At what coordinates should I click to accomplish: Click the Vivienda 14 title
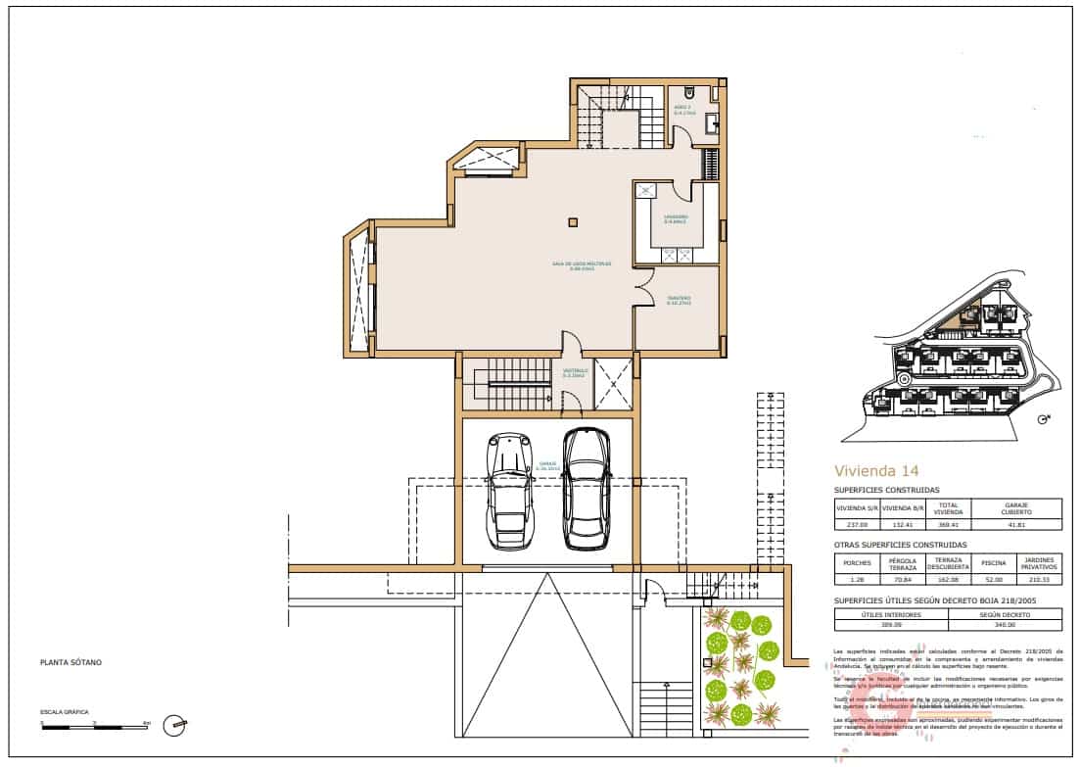click(875, 470)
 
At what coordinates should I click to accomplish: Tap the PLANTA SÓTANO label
click(70, 663)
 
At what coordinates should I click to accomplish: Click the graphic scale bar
click(94, 726)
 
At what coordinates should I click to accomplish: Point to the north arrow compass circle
click(175, 725)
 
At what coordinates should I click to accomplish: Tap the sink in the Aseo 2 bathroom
click(715, 122)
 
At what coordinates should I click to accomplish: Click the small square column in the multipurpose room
click(574, 220)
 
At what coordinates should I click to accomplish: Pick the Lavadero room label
click(676, 218)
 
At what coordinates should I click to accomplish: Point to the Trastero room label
click(680, 300)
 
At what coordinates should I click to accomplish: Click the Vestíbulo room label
click(574, 372)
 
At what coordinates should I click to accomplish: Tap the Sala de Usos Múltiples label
click(583, 264)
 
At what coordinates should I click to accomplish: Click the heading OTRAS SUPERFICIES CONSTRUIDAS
click(900, 545)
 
